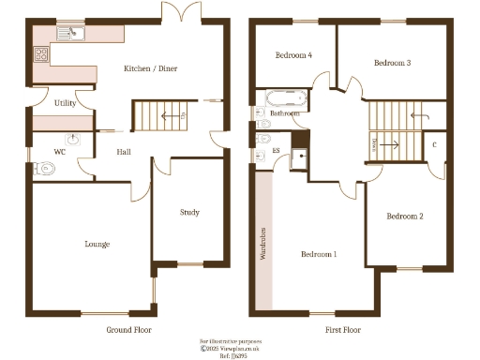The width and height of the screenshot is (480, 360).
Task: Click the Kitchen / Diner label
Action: click(151, 68)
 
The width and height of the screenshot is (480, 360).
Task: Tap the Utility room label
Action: click(65, 103)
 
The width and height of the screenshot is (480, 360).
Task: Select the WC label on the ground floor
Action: click(59, 151)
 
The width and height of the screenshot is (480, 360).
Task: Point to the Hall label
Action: click(123, 151)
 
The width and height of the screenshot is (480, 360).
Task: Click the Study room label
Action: click(189, 213)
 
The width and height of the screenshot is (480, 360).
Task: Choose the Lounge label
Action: click(97, 244)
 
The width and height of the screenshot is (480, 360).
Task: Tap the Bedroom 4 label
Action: click(293, 55)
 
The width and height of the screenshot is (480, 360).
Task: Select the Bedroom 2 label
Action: click(405, 217)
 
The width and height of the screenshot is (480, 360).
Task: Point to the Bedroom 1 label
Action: click(319, 254)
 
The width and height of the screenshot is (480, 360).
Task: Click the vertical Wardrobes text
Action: click(263, 243)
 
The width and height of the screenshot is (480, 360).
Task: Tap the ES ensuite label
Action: click(276, 150)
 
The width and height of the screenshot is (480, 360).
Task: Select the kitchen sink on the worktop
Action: click(70, 34)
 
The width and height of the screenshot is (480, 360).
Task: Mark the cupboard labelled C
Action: click(434, 144)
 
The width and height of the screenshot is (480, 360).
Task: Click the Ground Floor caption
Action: click(128, 330)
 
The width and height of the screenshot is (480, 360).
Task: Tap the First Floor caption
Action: click(342, 330)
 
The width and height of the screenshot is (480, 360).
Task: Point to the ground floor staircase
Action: click(154, 116)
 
